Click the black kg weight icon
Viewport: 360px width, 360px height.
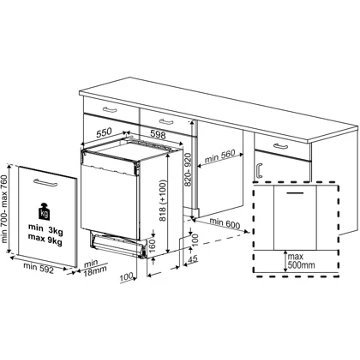pos(42,212)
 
